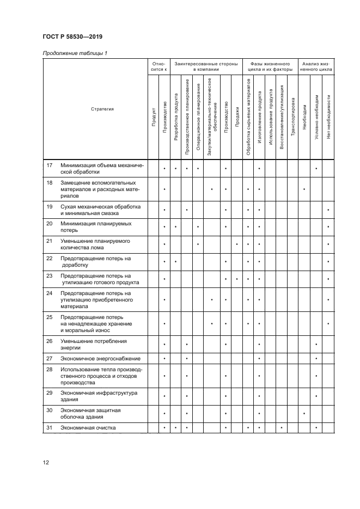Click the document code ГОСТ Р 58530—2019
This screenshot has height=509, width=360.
pyautogui.click(x=72, y=37)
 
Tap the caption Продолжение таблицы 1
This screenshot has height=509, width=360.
pyautogui.click(x=74, y=53)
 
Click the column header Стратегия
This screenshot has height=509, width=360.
pyautogui.click(x=102, y=109)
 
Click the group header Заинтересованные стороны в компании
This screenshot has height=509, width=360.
pyautogui.click(x=204, y=66)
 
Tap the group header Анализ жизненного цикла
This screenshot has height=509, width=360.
pyautogui.click(x=317, y=66)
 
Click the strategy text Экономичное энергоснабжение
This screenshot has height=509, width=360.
pyautogui.click(x=100, y=358)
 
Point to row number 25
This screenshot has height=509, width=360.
pyautogui.click(x=50, y=316)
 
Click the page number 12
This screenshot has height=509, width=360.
pyautogui.click(x=46, y=462)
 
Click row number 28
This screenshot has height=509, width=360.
pyautogui.click(x=50, y=369)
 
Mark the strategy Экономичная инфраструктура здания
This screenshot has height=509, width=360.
pyautogui.click(x=99, y=396)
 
